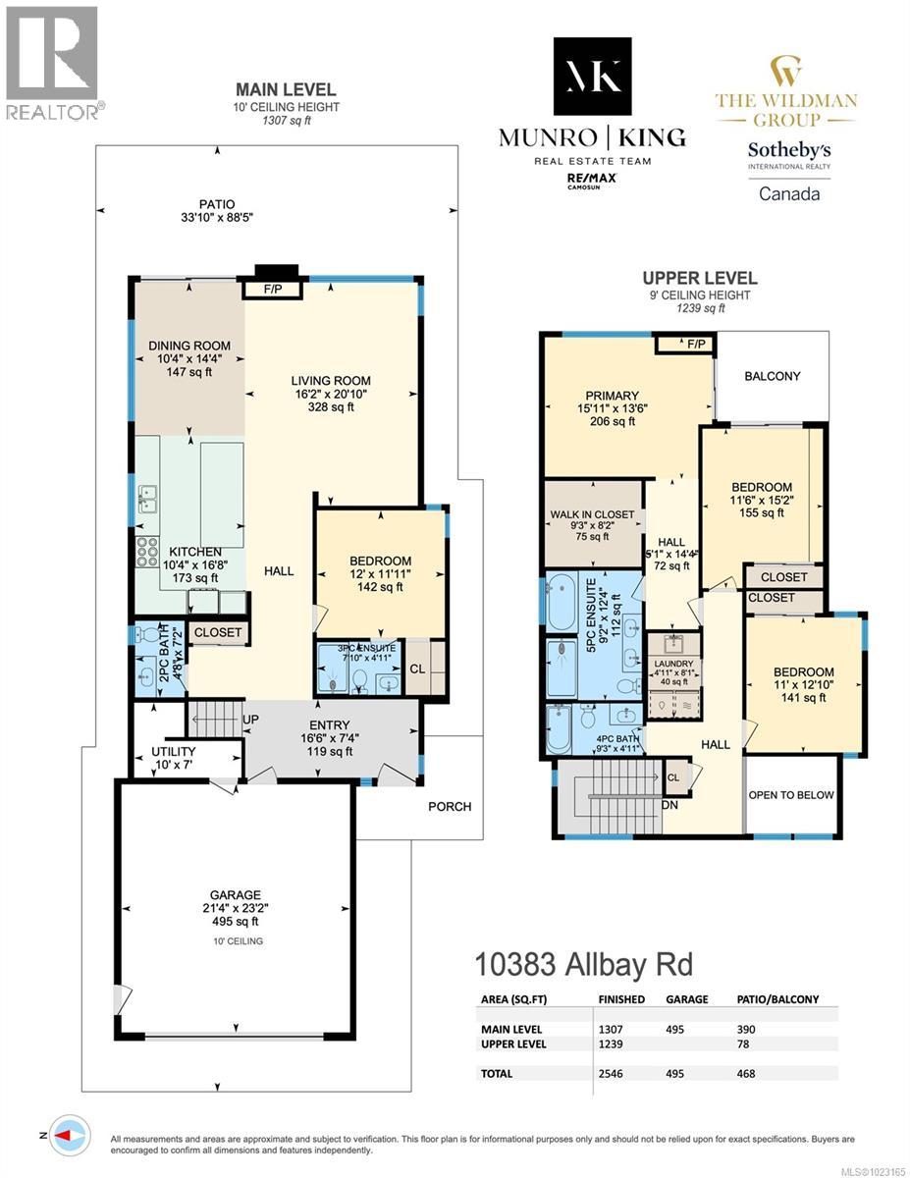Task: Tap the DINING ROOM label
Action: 190,346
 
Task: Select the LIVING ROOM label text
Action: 330,381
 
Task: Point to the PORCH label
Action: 450,806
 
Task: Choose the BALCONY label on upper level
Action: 772,376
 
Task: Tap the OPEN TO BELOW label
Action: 790,795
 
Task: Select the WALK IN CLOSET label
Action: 592,514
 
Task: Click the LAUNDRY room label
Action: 673,664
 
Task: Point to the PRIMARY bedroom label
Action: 612,396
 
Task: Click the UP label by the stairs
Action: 250,720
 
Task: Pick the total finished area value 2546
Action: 614,1074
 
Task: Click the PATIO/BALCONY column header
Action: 777,999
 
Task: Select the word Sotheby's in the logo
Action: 789,150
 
